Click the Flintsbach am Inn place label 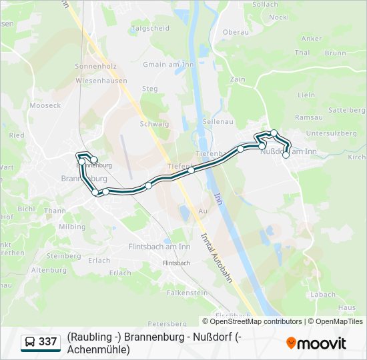pos(159,247)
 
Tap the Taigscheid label pos(151,29)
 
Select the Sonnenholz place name pos(95,67)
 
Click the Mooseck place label pos(45,105)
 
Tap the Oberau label pos(235,32)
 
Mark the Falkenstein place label pos(187,293)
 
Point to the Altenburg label pos(49,270)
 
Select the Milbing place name pos(72,227)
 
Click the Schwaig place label pos(154,124)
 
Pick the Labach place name pos(323,294)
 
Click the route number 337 pos(48,342)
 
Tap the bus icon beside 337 pos(30,343)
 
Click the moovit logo pos(316,343)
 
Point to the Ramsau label pos(308,117)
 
